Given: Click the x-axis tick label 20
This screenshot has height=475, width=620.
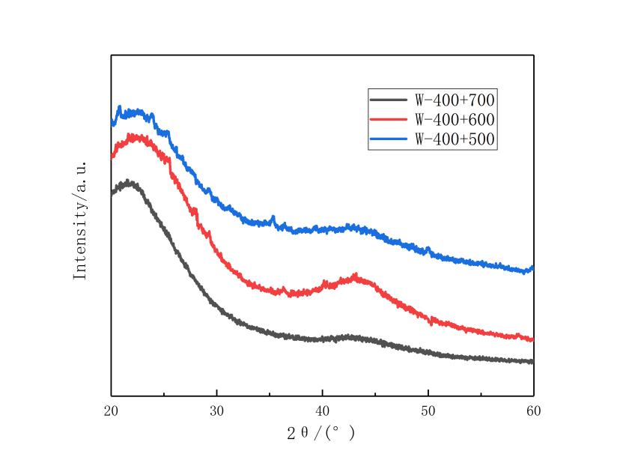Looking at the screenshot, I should point(111,411).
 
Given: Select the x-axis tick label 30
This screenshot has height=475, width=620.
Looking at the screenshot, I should point(216,411).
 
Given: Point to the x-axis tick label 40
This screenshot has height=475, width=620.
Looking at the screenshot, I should point(322,411).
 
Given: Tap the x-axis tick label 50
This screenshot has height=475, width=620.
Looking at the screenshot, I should point(428,411).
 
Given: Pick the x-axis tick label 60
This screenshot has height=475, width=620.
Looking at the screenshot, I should point(533,411).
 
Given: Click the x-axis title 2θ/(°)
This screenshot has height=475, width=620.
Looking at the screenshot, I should point(322,432).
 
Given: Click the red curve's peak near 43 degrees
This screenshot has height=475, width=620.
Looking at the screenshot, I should point(356,276).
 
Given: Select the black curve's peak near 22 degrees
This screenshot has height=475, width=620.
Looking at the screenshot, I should point(130,181).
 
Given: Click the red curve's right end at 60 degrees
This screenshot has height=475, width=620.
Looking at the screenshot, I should point(532,339).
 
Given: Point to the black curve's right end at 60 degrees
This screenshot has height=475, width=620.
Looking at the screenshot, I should point(532,362).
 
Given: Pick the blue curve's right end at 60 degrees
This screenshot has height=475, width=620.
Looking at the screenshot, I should point(532,267).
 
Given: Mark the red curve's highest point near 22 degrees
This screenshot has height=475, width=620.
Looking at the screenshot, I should point(133,136).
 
